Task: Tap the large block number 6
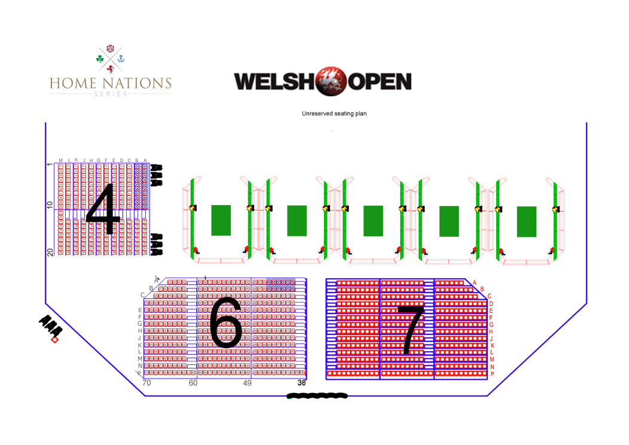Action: (225, 322)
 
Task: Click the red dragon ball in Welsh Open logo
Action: (329, 82)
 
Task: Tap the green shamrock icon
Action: (99, 59)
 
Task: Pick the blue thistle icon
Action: (121, 59)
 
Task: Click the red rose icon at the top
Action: (110, 48)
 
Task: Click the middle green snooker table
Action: (373, 221)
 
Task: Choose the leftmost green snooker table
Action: (221, 220)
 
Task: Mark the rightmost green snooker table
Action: (526, 221)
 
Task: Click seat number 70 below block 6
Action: (146, 383)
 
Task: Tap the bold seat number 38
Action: (301, 383)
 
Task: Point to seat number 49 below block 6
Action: (247, 383)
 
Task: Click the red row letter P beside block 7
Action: (492, 374)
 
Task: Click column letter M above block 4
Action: (60, 160)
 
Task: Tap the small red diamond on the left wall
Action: (54, 340)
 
